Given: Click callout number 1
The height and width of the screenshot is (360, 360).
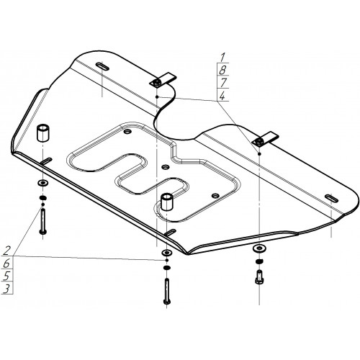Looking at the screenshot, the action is point(222,58).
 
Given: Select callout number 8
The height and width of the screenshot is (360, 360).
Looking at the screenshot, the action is point(222,70).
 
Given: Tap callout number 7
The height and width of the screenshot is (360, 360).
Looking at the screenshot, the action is point(223,83).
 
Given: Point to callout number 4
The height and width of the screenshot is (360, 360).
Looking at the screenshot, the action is point(222,96).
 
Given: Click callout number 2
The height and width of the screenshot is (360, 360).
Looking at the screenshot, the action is point(7,251).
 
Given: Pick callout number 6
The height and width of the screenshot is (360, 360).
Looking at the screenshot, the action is point(6,264).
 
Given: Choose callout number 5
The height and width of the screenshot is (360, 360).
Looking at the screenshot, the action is point(6,276).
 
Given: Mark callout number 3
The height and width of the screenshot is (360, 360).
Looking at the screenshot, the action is point(6,289).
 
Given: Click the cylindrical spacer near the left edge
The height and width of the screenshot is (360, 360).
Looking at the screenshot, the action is point(42,132).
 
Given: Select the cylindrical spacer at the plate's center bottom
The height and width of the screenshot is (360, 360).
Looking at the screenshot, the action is point(166,202).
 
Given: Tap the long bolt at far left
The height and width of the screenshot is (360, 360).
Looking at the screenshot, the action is point(43,221).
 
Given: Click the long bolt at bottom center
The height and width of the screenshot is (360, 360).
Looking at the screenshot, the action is point(167,291).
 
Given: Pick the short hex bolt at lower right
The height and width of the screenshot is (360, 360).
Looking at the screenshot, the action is point(259,276).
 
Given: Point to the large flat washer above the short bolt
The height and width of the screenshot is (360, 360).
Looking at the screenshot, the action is point(259,248).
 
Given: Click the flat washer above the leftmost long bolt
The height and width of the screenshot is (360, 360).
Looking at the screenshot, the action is point(42,184).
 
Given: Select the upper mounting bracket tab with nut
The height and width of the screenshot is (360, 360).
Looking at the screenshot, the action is point(163,80).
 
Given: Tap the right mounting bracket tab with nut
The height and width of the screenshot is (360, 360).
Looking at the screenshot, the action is point(265,139).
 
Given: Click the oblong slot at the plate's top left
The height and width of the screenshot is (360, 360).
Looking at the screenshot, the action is point(102,66).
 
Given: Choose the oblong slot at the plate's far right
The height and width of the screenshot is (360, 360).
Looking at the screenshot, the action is point(331,198).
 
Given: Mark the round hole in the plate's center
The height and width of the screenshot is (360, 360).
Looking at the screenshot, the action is point(166,166).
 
